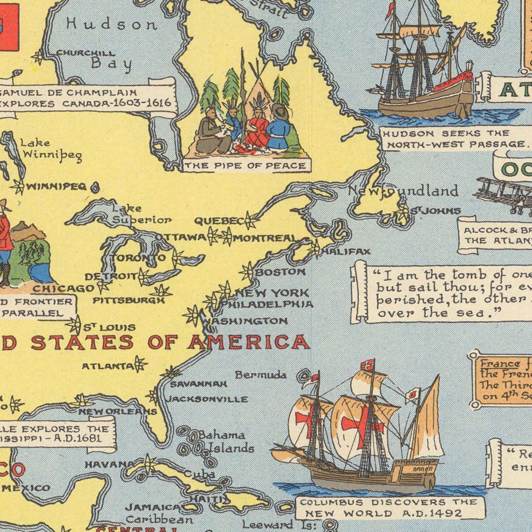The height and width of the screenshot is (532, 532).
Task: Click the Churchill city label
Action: pos(86,53)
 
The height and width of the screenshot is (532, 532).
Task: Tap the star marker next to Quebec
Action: pos(251,220)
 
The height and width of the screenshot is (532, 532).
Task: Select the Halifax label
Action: pos(346,252)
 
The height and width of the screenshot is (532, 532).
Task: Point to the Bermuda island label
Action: pos(260,375)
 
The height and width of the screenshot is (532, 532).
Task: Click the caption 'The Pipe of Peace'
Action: pos(245,166)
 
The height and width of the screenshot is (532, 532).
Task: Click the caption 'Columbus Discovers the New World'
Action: pos(388,508)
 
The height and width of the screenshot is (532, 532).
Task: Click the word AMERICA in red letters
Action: pos(249,342)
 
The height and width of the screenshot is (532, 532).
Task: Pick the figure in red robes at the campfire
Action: pos(258,128)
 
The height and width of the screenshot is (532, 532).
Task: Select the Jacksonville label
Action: pos(207,399)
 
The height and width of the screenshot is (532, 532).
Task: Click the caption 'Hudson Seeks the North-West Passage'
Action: pos(455,139)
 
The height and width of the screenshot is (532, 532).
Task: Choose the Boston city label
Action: pos(280,272)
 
